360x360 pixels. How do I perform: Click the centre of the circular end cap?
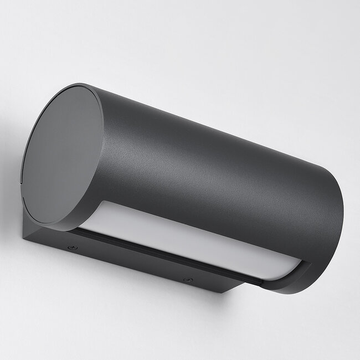tap(63, 156)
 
